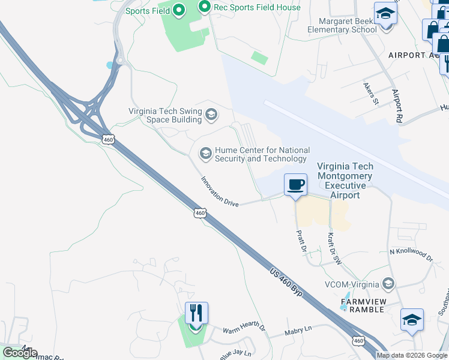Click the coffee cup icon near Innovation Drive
click(295, 185)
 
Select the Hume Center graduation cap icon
click(205, 154)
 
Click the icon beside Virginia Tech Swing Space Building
click(211, 115)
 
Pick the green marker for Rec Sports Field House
click(204, 8)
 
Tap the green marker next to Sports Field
click(178, 10)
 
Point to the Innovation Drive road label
click(220, 191)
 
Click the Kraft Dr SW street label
click(334, 248)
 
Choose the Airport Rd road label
click(396, 107)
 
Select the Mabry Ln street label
click(299, 329)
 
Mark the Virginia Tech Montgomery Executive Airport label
click(345, 181)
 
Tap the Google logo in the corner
click(20, 352)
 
